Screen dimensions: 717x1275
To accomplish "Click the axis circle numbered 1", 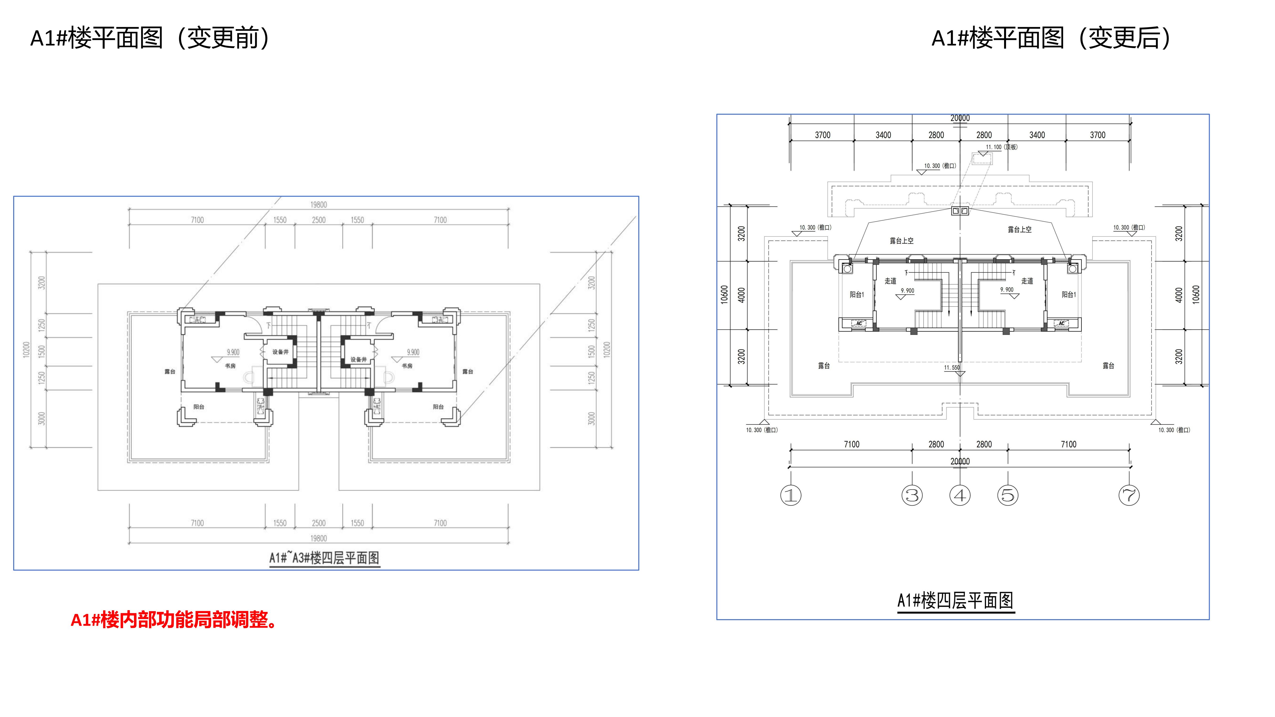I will [x=790, y=495].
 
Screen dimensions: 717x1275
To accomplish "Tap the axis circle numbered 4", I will [x=960, y=495].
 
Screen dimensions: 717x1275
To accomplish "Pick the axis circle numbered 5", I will [x=1008, y=495].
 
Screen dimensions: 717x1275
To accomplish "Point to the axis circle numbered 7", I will [x=1129, y=495].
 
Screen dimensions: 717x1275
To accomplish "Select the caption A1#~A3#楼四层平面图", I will [x=324, y=558].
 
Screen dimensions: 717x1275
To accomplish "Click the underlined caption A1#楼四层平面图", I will [x=955, y=601].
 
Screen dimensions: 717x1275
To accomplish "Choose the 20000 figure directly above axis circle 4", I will [x=960, y=461].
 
